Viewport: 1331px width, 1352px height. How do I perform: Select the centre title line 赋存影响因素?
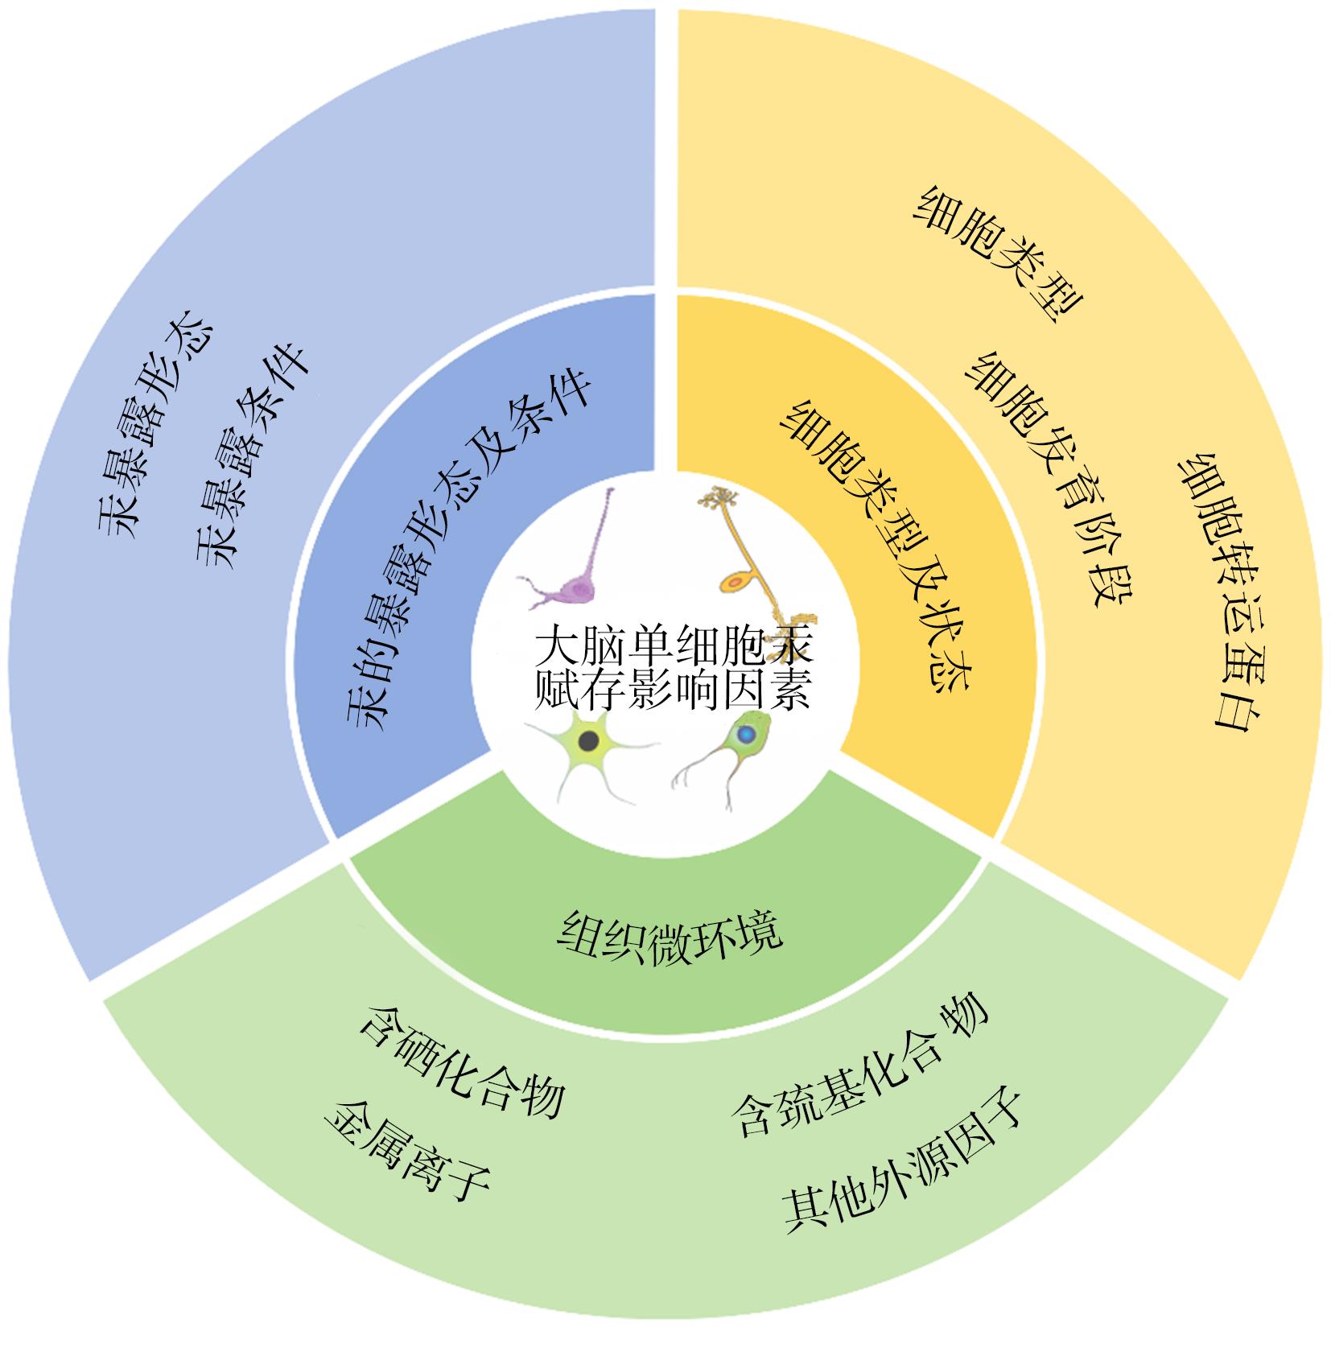671,690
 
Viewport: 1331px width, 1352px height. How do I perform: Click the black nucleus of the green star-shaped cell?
590,740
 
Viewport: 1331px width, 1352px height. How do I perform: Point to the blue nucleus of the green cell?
746,734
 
